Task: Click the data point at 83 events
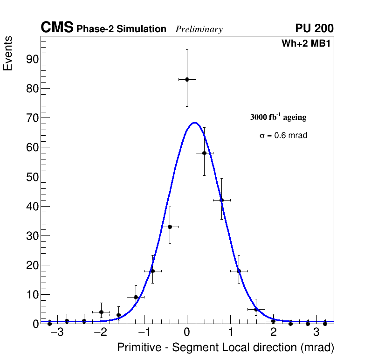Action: click(x=187, y=79)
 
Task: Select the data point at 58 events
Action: click(x=204, y=153)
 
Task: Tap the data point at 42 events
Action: click(x=221, y=200)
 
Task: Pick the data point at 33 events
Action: click(x=170, y=227)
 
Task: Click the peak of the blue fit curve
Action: click(x=194, y=123)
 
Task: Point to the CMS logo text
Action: click(x=57, y=28)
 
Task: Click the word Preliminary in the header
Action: click(x=199, y=29)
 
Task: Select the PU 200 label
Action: click(x=314, y=28)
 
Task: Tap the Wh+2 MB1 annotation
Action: click(x=306, y=44)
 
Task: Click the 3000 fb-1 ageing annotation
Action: click(x=278, y=117)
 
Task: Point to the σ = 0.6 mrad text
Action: click(x=283, y=136)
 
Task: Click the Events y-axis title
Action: click(x=8, y=53)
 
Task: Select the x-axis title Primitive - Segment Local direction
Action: click(x=226, y=347)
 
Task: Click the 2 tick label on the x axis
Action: click(x=273, y=332)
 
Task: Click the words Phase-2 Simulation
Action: click(x=121, y=29)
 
